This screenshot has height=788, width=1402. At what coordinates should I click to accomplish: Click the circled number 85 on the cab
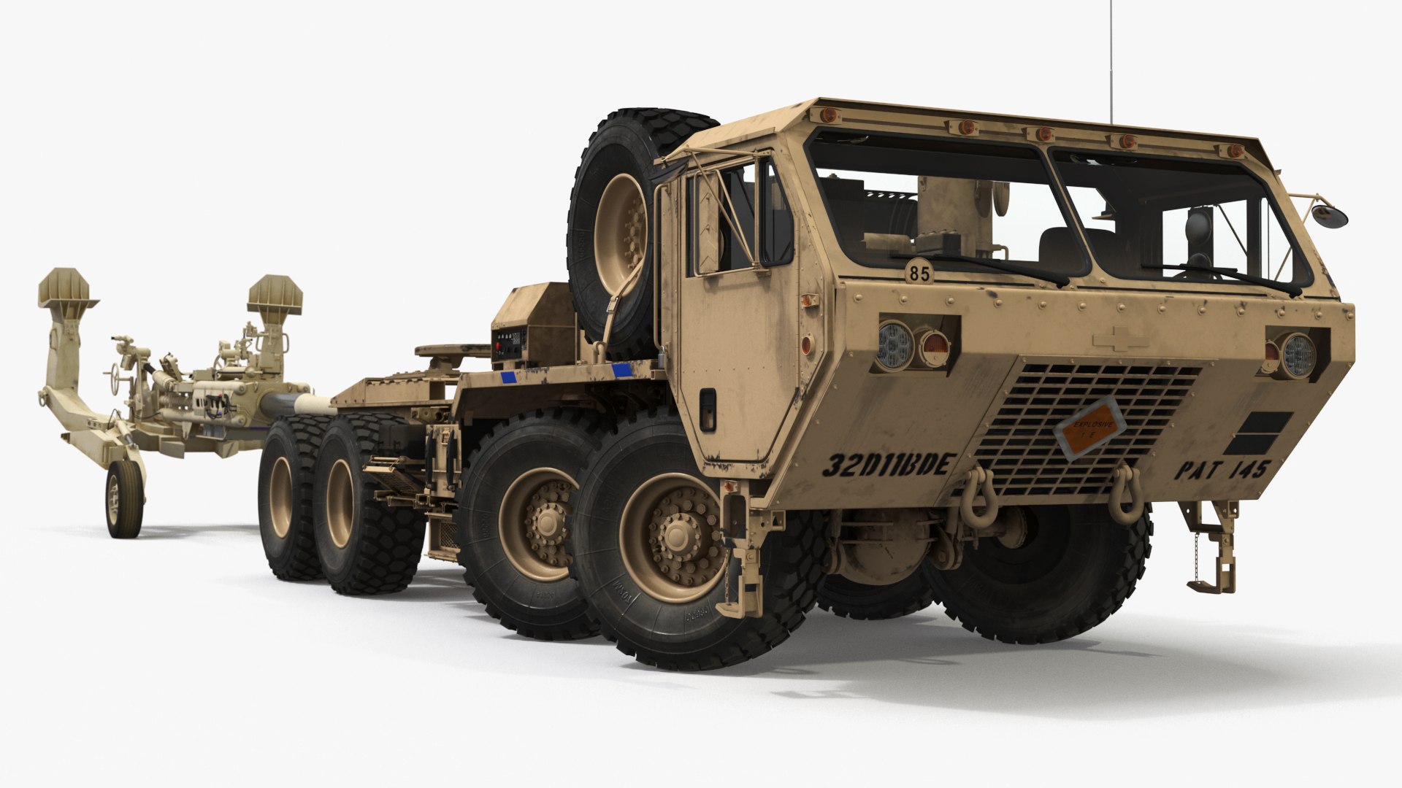coord(919,274)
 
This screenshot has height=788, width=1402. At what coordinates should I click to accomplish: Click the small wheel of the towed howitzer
coord(123,499)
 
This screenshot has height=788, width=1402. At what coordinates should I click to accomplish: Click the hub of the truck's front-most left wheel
coord(672,541)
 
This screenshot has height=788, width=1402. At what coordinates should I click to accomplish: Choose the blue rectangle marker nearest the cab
coord(622,370)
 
